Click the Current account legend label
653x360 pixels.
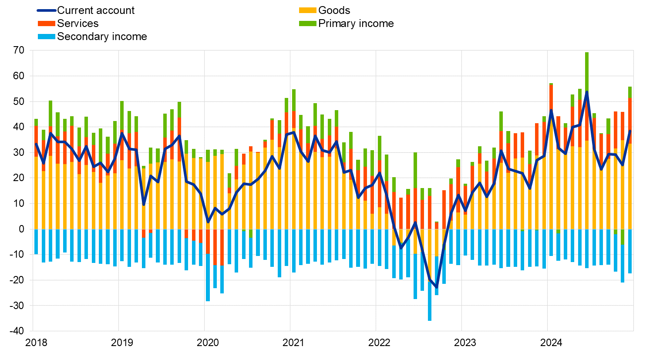click(x=96, y=10)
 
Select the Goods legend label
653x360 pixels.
click(x=334, y=10)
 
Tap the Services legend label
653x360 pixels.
click(x=77, y=24)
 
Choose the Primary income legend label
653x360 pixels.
click(x=356, y=24)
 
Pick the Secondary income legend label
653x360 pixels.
click(x=102, y=37)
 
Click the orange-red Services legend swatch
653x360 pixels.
click(x=47, y=24)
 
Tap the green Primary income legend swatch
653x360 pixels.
click(x=308, y=24)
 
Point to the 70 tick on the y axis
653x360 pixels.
click(x=19, y=50)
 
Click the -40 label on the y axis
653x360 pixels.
click(x=17, y=331)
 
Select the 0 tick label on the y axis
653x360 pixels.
click(x=22, y=229)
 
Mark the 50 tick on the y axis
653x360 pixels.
click(x=19, y=101)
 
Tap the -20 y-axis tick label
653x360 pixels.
click(x=17, y=280)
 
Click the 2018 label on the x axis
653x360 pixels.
click(x=36, y=343)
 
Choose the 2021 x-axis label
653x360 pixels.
click(x=293, y=343)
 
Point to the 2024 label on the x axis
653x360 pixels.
click(x=551, y=343)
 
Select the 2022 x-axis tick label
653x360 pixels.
click(x=379, y=343)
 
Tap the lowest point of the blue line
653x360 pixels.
click(x=437, y=287)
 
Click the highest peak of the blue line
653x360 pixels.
click(x=587, y=92)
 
